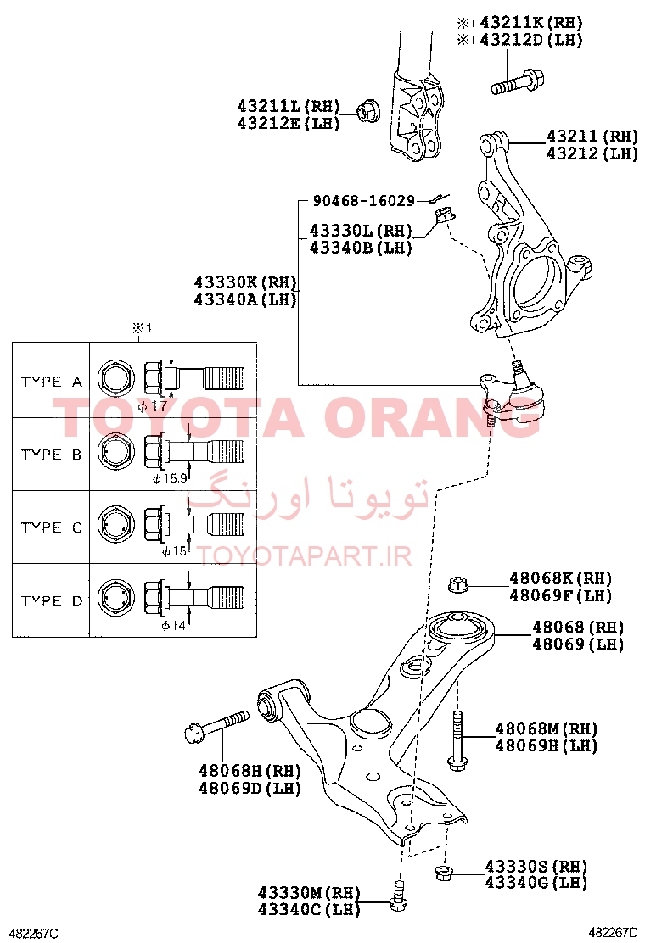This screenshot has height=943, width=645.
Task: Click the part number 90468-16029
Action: [363, 200]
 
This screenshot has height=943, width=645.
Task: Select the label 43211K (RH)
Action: [531, 23]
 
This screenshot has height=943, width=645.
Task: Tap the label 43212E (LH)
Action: [289, 123]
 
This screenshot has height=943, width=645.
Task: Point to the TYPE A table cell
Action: [51, 382]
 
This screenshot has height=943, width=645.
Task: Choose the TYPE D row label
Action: [51, 600]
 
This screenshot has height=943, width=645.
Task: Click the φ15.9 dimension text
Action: [170, 479]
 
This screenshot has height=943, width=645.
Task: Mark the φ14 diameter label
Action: [173, 626]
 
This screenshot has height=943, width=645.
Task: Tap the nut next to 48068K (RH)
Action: [459, 584]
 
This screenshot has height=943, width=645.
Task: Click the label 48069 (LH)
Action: [578, 644]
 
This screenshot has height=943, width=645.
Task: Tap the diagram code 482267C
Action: [33, 933]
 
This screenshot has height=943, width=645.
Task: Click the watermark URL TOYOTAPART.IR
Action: [305, 556]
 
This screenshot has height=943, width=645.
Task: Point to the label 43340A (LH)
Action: [245, 299]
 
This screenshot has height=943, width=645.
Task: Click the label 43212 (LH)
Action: [592, 153]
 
